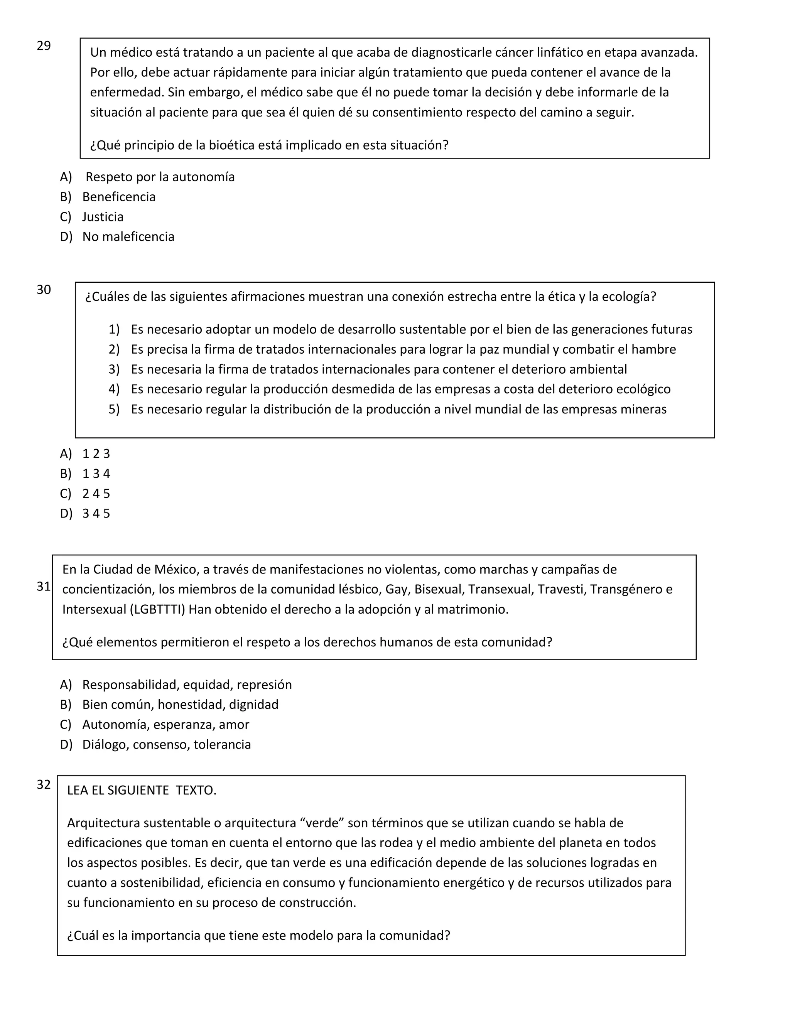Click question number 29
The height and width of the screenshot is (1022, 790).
point(44,46)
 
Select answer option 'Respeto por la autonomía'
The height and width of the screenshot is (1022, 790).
point(160,177)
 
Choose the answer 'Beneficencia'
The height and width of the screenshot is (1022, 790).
point(118,197)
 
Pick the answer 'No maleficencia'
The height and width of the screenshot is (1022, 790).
point(128,237)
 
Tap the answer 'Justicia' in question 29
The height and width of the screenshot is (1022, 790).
point(103,217)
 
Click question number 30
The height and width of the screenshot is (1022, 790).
point(44,290)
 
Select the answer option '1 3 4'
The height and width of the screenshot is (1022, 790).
point(96,474)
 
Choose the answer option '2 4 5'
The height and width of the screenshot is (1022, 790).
point(96,494)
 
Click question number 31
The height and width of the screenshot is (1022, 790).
point(44,586)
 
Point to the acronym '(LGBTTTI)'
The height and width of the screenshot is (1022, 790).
point(158,609)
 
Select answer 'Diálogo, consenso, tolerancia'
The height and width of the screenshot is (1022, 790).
point(166,744)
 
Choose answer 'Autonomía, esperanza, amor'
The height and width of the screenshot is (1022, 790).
point(165,724)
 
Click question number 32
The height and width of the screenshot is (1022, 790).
point(44,784)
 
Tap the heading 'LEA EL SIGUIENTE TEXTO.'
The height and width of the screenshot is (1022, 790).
point(141,790)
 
